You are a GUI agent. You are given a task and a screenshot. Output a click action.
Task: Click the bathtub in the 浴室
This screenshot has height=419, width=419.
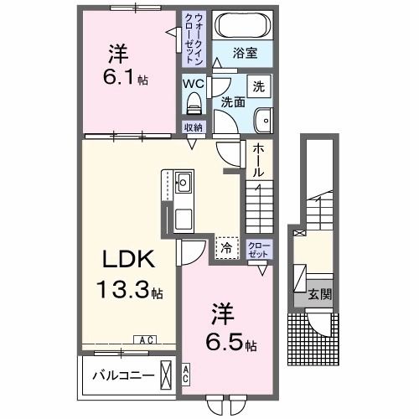point(243,25)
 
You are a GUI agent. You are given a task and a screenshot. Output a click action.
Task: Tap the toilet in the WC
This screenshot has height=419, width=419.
point(194,103)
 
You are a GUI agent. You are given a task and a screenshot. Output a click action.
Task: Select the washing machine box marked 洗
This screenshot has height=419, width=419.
point(259,86)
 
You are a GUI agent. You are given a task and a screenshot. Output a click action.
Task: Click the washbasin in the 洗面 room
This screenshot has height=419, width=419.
point(263,120)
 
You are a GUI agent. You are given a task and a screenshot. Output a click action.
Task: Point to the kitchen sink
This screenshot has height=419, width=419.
point(183,183)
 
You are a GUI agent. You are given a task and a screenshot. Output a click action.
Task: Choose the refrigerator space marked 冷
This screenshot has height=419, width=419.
point(227,247)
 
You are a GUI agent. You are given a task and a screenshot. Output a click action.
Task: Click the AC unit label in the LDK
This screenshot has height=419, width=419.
point(146,340)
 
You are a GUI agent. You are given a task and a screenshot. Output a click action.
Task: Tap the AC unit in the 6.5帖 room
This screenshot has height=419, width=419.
point(186,375)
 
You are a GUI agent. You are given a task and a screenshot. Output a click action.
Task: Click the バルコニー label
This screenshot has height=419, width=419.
point(123,375)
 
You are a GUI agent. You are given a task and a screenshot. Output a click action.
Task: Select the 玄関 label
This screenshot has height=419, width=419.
point(320,294)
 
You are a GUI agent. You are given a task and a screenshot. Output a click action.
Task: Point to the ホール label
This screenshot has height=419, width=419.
point(258,161)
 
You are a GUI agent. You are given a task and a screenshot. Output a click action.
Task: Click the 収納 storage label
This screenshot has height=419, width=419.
point(193,127)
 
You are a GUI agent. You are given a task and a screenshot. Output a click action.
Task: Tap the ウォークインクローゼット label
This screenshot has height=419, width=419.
point(194,39)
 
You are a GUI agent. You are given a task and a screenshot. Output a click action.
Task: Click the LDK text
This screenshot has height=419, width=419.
point(129,259)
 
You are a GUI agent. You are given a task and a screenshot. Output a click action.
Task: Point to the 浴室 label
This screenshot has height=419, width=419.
point(246,53)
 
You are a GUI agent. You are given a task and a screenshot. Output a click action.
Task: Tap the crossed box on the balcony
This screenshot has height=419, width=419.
point(166,375)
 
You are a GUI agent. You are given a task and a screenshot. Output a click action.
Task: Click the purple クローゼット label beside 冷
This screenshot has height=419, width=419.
point(260,250)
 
